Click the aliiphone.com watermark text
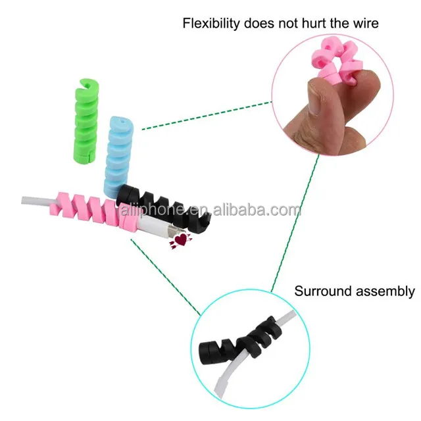point(210,210)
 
